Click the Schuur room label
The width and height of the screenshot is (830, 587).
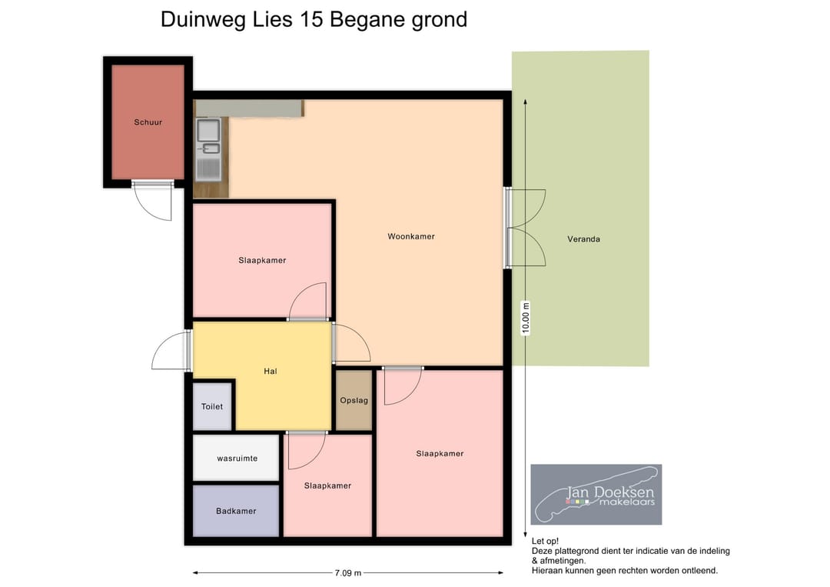pos(148,122)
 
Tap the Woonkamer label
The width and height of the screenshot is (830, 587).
pos(411,237)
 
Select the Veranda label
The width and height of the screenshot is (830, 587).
pos(583,239)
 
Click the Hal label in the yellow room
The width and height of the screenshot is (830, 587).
pos(270,372)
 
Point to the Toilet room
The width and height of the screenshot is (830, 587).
pos(212,406)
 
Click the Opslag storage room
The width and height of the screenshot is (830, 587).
pos(354,400)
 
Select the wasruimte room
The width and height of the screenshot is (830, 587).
pos(237,458)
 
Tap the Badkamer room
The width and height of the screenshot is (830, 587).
pos(236,511)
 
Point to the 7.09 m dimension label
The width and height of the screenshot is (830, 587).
pos(347,573)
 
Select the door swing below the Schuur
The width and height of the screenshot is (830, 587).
pos(152,202)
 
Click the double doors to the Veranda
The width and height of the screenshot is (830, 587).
pos(526,228)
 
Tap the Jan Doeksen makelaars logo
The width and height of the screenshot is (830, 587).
pos(596,494)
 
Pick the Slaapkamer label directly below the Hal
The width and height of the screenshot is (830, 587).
pos(327,485)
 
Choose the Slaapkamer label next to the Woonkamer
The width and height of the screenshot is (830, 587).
pos(262,260)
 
